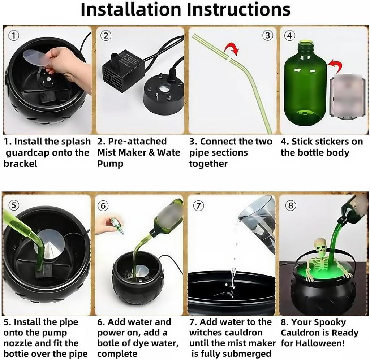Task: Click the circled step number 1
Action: pos(13,35)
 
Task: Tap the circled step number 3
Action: pos(267,35)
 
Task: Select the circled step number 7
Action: pos(198,205)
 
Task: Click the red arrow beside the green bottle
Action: pos(335,66)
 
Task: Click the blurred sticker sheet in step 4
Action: pos(346,96)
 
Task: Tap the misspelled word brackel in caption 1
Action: pos(20,164)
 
